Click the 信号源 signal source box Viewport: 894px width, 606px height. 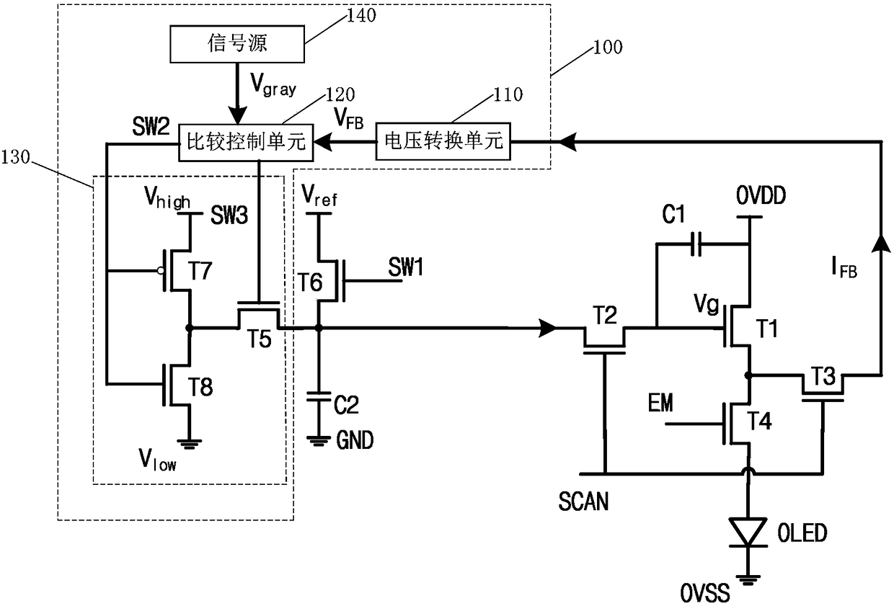click(237, 44)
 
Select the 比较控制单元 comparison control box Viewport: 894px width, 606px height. click(245, 143)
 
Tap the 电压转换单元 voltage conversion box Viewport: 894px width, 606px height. click(443, 141)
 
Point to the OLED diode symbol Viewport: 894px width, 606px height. click(748, 533)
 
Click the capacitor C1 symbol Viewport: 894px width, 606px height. click(696, 244)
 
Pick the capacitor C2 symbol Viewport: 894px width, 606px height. click(318, 396)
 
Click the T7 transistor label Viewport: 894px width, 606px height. click(200, 271)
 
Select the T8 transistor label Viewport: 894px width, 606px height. click(200, 386)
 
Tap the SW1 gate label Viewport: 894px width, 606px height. click(405, 267)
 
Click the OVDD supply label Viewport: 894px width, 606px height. click(761, 195)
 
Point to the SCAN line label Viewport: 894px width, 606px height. click(583, 502)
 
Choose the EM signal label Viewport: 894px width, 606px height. click(660, 403)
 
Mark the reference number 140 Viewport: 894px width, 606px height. click(361, 15)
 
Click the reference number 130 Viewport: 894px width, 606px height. click(15, 157)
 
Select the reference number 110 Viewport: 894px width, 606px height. click(508, 94)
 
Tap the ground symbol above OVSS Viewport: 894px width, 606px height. click(748, 579)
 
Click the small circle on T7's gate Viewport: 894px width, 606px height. click(161, 271)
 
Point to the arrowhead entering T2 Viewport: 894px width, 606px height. click(547, 328)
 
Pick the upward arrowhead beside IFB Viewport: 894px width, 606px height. click(881, 244)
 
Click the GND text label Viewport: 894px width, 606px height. click(355, 440)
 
